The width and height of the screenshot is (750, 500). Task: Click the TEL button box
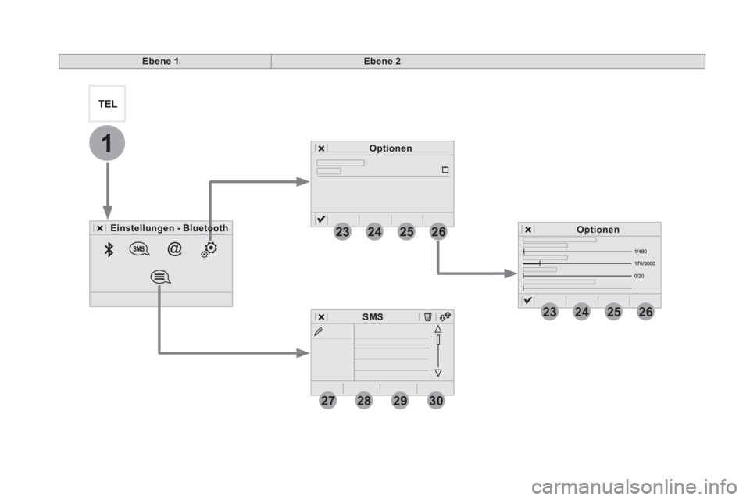[107, 104]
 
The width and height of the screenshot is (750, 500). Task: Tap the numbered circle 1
[107, 143]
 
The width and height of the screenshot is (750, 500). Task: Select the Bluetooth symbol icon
[109, 249]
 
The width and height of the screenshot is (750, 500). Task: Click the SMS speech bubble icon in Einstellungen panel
[139, 249]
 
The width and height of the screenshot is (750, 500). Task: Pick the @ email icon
[174, 248]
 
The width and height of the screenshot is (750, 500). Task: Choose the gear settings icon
[209, 248]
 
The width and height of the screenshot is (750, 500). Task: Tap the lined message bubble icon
[160, 277]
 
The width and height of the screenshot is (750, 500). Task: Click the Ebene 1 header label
[160, 61]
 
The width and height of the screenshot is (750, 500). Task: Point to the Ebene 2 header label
[382, 61]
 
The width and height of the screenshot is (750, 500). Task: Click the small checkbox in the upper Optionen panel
[445, 170]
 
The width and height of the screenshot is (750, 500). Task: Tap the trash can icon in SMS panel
[427, 316]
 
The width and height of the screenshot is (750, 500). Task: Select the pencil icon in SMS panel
[319, 331]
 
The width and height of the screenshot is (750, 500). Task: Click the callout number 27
[327, 401]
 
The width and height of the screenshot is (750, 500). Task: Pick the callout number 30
[436, 401]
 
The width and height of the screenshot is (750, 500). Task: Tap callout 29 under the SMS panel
[400, 401]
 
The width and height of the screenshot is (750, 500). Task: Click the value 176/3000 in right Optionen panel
[645, 263]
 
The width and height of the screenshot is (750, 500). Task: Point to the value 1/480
[641, 252]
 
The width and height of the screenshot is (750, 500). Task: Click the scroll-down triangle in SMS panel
[438, 373]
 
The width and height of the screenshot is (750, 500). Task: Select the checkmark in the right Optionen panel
[527, 301]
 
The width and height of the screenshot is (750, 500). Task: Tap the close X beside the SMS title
[321, 316]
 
